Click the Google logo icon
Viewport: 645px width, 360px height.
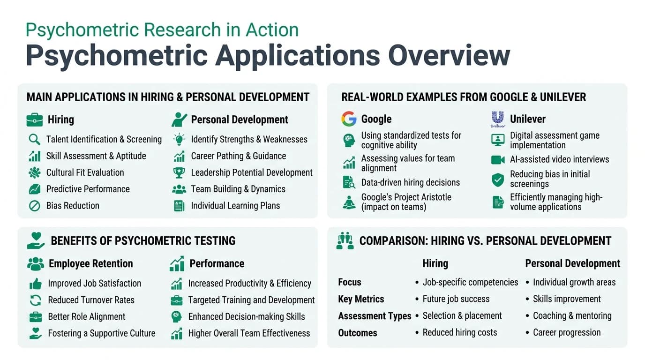[349, 119]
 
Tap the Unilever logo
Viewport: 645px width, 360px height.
[497, 119]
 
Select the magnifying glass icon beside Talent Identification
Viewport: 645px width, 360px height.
[34, 139]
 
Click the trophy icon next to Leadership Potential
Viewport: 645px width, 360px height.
[179, 172]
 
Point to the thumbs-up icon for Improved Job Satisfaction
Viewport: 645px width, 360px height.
[36, 284]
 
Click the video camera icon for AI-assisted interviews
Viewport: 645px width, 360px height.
[497, 159]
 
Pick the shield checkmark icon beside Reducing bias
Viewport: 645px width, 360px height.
[497, 179]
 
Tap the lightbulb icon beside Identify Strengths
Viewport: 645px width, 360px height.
[179, 139]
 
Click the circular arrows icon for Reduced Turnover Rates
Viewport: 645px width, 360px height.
[36, 300]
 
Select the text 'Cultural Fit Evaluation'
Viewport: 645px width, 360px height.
[85, 172]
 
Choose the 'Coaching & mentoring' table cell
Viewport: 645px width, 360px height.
[572, 315]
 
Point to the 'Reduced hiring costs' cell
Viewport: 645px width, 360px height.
[459, 332]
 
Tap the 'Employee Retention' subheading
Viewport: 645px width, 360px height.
[90, 263]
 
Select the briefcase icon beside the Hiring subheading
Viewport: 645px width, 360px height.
[35, 120]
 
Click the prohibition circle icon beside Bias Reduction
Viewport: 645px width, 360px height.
[34, 206]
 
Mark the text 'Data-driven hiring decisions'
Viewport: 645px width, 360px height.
[410, 182]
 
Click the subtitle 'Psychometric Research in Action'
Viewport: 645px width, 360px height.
[162, 30]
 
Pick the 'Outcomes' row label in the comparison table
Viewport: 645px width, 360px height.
[358, 333]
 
